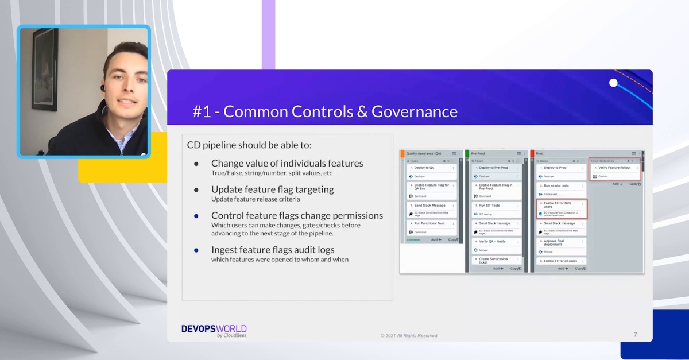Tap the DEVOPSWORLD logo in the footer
pyautogui.click(x=214, y=330)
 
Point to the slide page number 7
pyautogui.click(x=635, y=335)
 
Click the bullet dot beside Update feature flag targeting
pyautogui.click(x=196, y=189)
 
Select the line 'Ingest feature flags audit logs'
pyautogui.click(x=273, y=250)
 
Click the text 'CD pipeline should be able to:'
pyautogui.click(x=249, y=145)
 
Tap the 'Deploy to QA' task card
pyautogui.click(x=432, y=168)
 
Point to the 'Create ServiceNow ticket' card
pyautogui.click(x=497, y=261)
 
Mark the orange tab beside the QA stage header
pyautogui.click(x=402, y=153)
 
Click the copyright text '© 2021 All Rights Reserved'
pyautogui.click(x=409, y=335)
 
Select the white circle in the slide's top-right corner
pyautogui.click(x=613, y=83)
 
